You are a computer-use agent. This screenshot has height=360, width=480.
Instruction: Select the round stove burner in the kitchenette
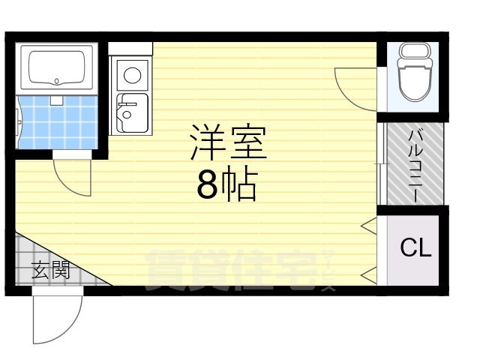click(133, 75)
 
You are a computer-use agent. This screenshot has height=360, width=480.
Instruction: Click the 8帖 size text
click(226, 186)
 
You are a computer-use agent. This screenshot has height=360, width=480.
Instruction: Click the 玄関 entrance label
click(50, 269)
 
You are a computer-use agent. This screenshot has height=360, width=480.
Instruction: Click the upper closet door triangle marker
click(368, 225)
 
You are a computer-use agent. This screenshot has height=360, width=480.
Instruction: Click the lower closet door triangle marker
click(368, 276)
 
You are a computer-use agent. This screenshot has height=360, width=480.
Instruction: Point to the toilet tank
click(414, 52)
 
